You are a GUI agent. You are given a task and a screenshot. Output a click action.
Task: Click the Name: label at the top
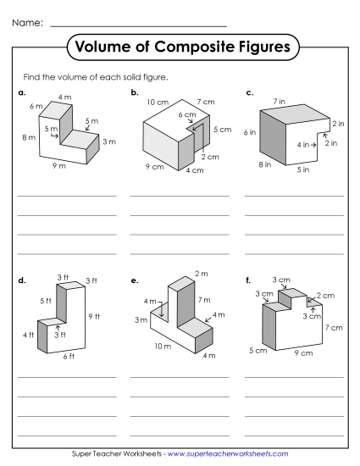(x=29, y=22)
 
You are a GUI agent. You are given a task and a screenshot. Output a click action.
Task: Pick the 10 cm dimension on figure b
(x=157, y=102)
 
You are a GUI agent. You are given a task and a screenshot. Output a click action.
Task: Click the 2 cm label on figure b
(x=211, y=157)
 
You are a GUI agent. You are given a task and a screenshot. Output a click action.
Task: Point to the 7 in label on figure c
(x=279, y=101)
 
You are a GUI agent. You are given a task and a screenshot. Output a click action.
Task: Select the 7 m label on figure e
(x=204, y=300)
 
